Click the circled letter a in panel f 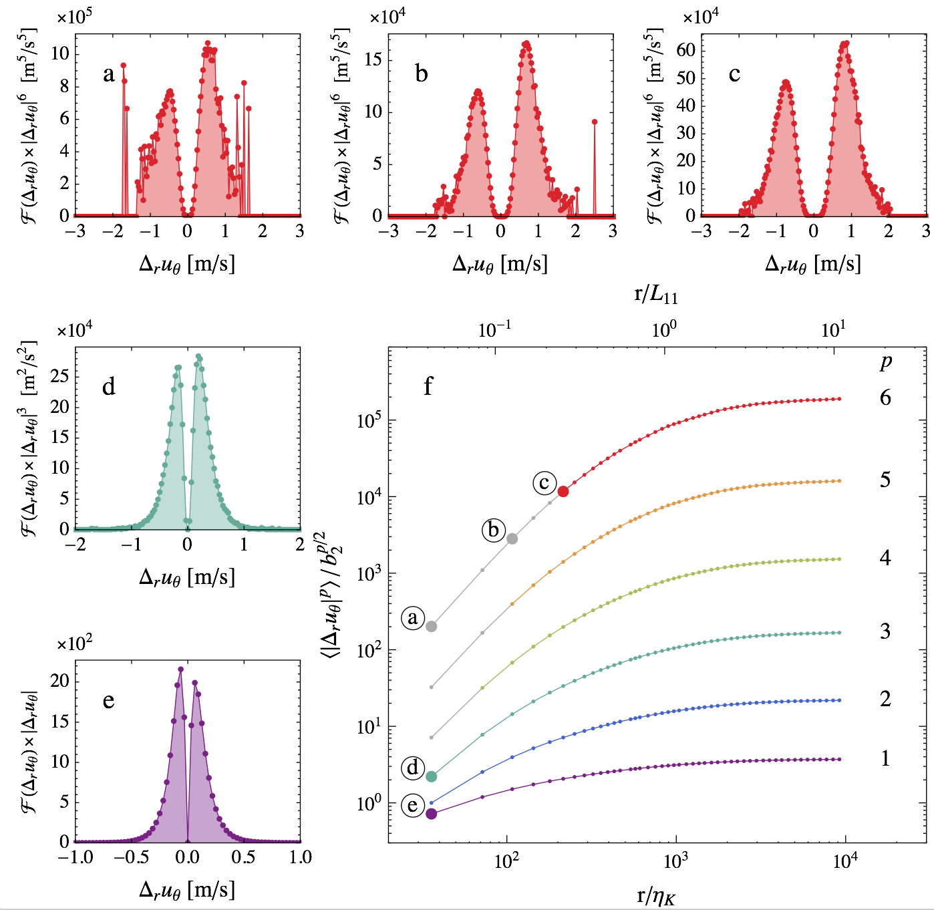(413, 618)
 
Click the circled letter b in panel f (494, 530)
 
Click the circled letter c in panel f (544, 483)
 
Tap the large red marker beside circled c (563, 492)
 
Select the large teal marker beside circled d (432, 776)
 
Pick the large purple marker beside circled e (432, 814)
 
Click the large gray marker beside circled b (512, 539)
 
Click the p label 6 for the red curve (885, 398)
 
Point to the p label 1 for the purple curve (885, 758)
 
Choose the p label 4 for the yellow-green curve (885, 557)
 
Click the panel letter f (428, 386)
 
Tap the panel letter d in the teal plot (109, 386)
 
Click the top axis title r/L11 (656, 294)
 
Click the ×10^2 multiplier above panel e (74, 644)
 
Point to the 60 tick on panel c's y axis (686, 50)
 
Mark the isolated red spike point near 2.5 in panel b (595, 122)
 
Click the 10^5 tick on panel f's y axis (369, 420)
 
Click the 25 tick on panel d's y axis (59, 377)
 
